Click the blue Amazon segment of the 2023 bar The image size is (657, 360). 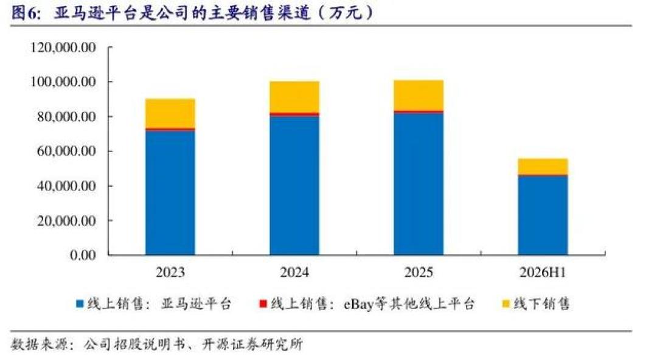(170, 193)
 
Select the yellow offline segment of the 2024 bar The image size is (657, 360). (294, 97)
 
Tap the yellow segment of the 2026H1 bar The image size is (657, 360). (543, 167)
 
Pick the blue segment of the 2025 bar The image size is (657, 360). (419, 184)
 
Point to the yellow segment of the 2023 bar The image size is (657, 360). (170, 113)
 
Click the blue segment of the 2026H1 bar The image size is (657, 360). (543, 215)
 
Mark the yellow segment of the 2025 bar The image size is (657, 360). (419, 95)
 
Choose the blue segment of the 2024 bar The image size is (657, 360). (294, 185)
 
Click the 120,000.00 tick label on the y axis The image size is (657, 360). (63, 47)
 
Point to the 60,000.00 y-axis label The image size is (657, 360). (66, 151)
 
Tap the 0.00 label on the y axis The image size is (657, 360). (83, 255)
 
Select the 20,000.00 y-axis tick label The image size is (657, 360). (66, 221)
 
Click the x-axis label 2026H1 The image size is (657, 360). (543, 272)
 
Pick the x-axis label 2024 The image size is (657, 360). (294, 272)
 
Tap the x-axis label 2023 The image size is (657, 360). (170, 272)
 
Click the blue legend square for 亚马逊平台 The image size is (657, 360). (80, 304)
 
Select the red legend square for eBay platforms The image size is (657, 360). (263, 304)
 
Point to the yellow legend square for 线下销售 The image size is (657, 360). (506, 304)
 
